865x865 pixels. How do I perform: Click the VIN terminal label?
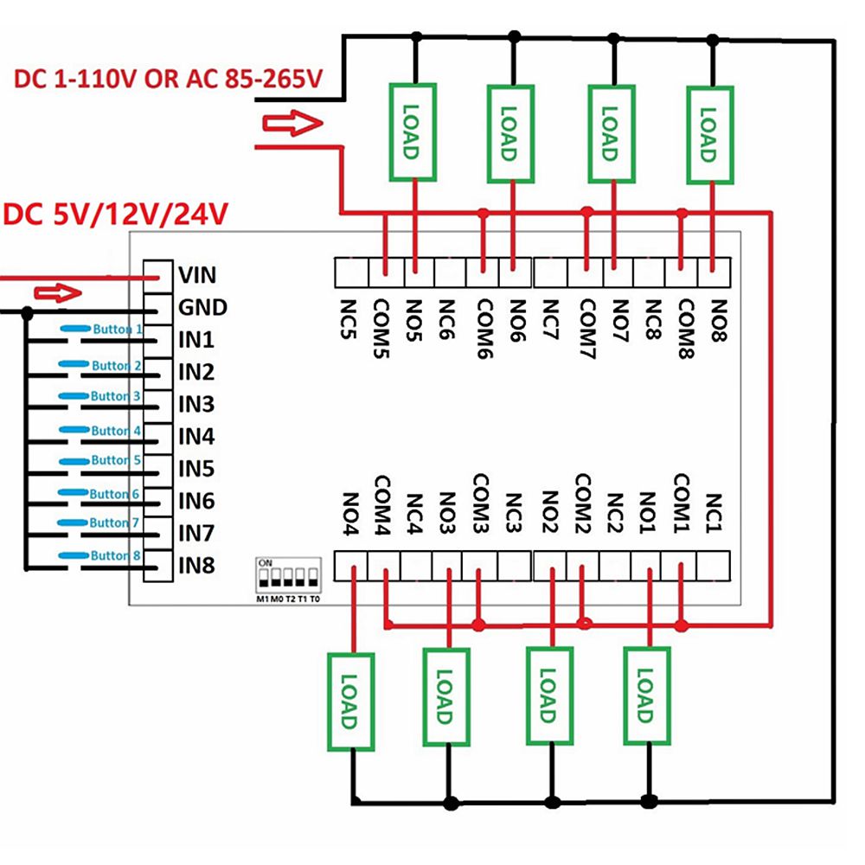[196, 275]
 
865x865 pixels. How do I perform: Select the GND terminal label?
[202, 307]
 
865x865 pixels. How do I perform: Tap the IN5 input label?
[195, 469]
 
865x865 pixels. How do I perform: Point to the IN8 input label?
[195, 566]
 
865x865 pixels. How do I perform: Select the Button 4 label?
[110, 430]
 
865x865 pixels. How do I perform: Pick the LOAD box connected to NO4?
[350, 701]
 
